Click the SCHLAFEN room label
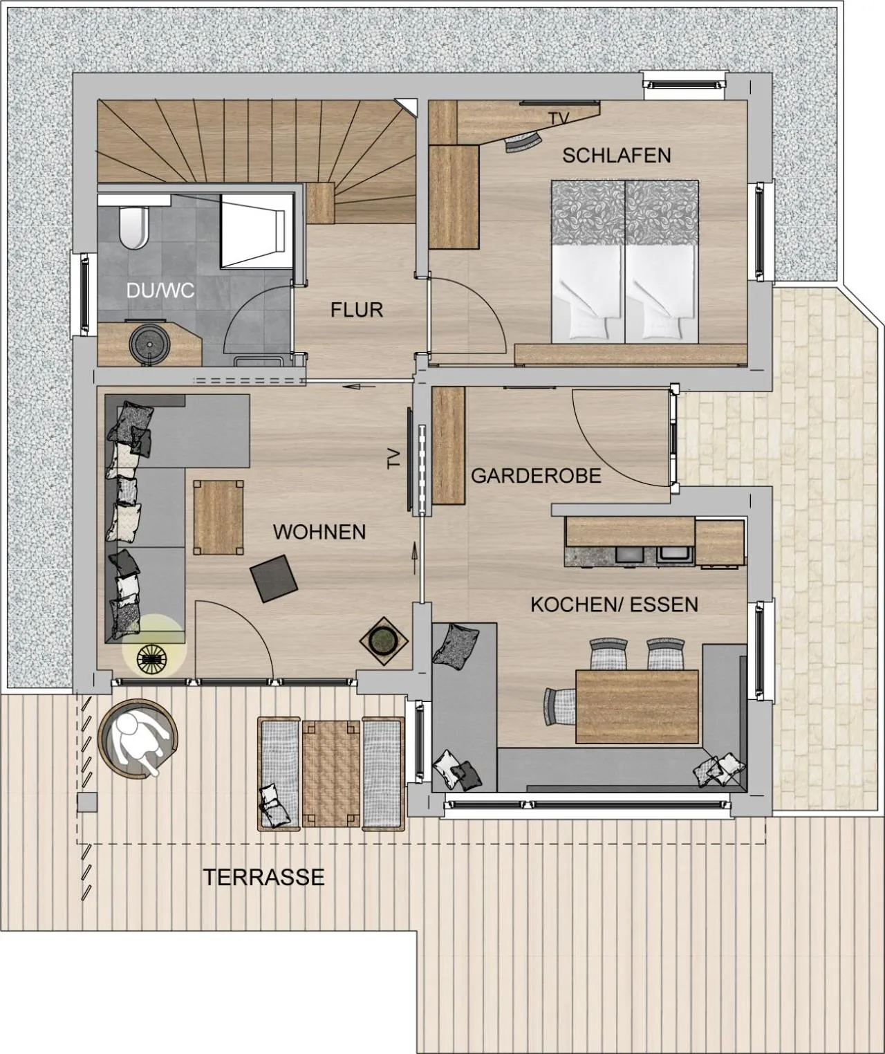[616, 156]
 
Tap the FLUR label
[356, 310]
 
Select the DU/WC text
[160, 290]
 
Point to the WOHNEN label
[319, 532]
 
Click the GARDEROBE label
[536, 476]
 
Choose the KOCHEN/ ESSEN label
[614, 604]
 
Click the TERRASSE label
[263, 877]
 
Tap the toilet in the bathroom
[133, 227]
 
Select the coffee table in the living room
[218, 517]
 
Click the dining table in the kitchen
[637, 706]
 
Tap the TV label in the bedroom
[559, 119]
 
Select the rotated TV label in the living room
[394, 459]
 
